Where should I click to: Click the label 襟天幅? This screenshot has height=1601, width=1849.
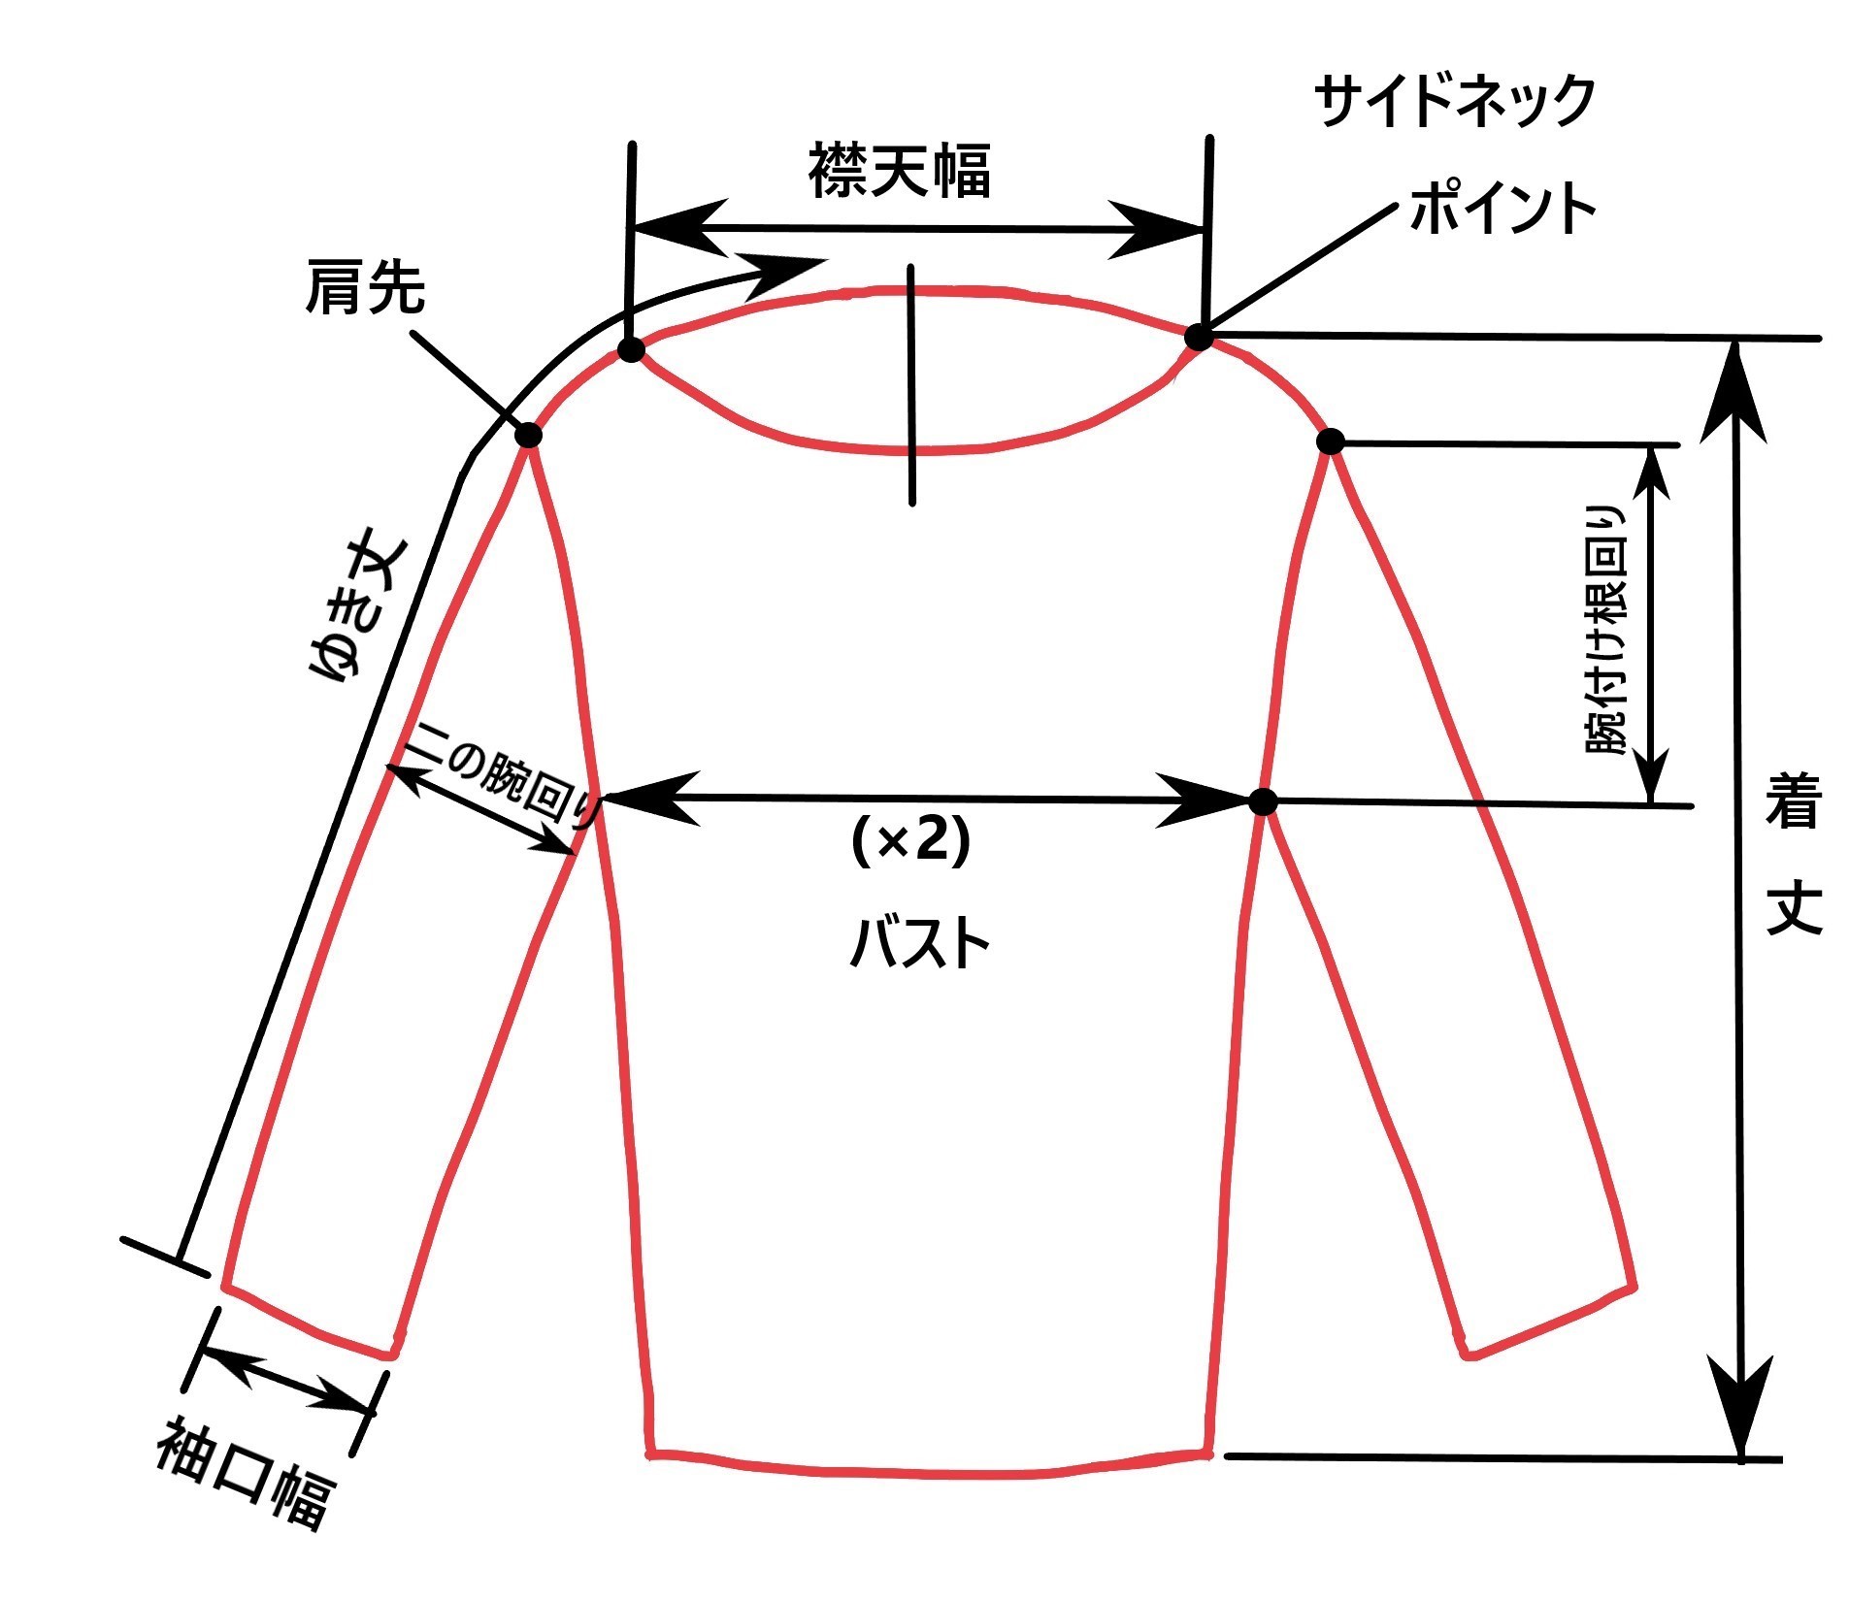pos(899,172)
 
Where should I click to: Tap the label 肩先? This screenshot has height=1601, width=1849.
pos(365,286)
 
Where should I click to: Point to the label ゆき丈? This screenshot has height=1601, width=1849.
pos(359,609)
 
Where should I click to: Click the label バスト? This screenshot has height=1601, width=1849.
pos(919,943)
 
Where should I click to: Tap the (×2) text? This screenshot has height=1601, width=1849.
pos(909,840)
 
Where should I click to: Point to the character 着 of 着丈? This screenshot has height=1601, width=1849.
pos(1792,801)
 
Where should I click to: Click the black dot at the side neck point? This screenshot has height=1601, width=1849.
pos(1199,337)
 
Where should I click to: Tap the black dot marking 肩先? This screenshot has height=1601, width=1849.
pos(529,435)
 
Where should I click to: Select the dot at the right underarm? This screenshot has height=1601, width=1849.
pos(1263,801)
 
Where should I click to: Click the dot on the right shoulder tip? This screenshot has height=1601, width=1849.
pos(1331,441)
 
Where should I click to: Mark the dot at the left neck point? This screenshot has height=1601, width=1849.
pos(631,350)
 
